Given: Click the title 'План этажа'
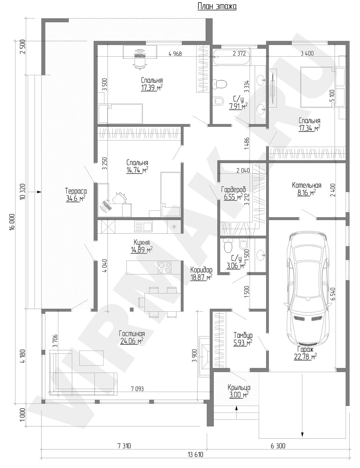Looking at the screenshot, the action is [217, 6].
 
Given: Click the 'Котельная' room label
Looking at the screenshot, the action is [306, 186].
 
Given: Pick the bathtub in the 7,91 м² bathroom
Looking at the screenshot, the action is [232, 57].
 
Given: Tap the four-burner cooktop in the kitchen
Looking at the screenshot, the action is [165, 267].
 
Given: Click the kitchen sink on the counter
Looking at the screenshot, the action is [143, 226].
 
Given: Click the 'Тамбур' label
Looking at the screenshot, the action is [243, 335].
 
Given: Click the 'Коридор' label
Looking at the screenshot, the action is [201, 269].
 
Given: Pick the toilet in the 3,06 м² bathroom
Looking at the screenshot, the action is [228, 245].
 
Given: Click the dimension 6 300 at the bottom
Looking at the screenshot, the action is [278, 446].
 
